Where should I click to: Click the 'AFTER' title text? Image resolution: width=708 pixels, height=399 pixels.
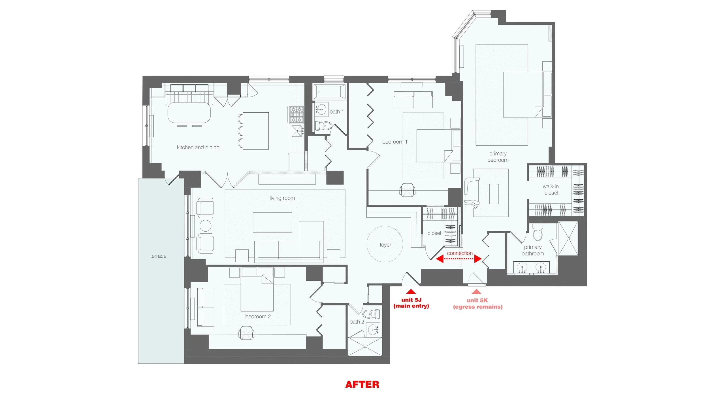[362, 384]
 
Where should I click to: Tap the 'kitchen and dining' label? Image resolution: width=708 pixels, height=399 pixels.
[198, 147]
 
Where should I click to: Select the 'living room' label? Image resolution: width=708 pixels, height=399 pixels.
[282, 198]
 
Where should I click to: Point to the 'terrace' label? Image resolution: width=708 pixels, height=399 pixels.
[158, 256]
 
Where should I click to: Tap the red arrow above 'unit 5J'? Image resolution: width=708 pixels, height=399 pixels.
[411, 291]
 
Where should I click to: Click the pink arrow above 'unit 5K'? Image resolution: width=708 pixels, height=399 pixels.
[476, 291]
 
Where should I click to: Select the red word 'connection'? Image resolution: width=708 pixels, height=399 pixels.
[460, 253]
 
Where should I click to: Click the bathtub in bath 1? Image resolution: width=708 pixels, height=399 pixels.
[329, 91]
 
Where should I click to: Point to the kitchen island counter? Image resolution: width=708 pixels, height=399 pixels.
[256, 131]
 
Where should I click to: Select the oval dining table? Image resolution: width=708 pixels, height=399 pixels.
[189, 112]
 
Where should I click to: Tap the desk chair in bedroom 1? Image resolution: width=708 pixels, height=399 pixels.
[407, 190]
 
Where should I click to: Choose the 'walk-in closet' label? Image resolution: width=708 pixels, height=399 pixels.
[551, 190]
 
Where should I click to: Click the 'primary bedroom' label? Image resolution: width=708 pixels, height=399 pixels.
[498, 157]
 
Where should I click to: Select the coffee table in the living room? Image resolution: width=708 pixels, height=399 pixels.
[272, 222]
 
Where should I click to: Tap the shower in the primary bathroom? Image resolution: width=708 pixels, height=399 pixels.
[568, 238]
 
